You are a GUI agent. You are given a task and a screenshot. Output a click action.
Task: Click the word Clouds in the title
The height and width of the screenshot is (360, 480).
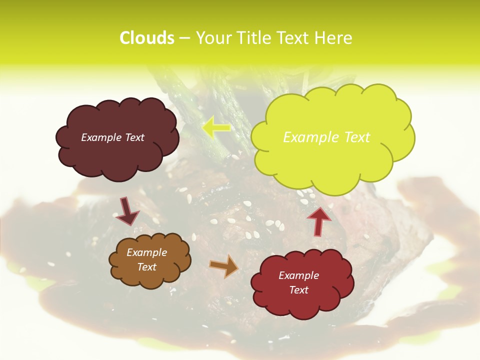[x=146, y=38]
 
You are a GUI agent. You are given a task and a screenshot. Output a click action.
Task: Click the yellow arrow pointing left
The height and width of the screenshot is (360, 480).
[x=216, y=127]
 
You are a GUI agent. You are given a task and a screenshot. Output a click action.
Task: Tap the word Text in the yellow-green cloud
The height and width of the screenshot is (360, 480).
[x=356, y=137]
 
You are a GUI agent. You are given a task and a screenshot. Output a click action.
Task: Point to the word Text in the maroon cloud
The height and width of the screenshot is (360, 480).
[x=134, y=137]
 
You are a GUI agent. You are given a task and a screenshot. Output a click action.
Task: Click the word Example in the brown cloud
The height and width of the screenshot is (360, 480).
[x=146, y=253]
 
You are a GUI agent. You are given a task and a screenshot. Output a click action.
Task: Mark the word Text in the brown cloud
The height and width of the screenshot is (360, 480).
[x=146, y=267]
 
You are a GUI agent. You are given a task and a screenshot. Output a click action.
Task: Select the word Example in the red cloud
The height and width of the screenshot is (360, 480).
[x=298, y=275]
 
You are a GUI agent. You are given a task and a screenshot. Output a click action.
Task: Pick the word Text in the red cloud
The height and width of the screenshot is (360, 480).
[x=298, y=290]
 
